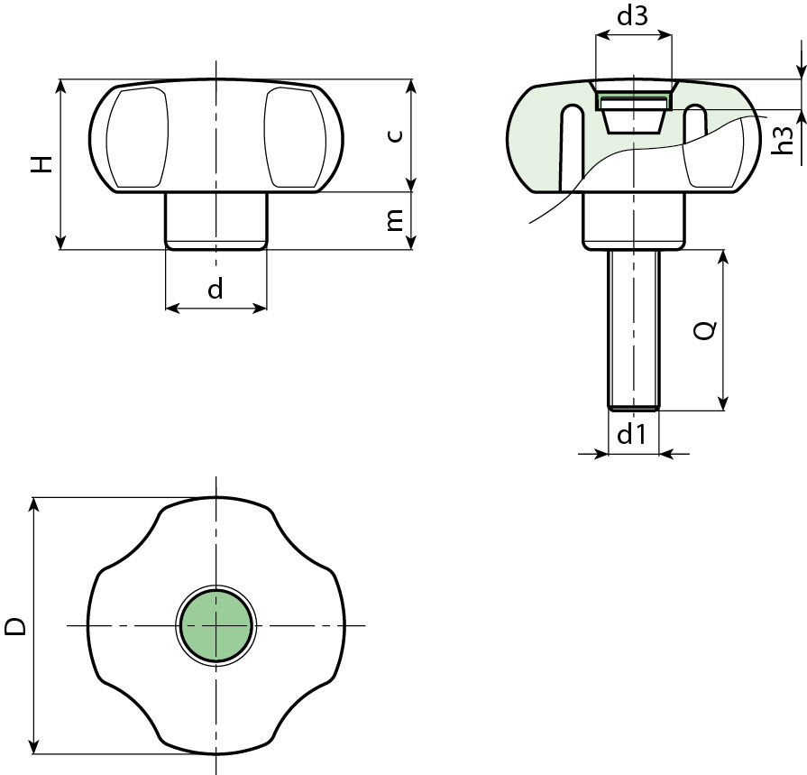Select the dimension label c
pos(394,135)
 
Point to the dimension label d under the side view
pos(216,289)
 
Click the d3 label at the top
pos(633,17)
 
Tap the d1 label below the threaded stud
pos(632,436)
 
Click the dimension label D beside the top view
pos(15,626)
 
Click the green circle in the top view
pos(216,625)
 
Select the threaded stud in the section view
pos(634,329)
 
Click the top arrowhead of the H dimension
pos(60,86)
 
